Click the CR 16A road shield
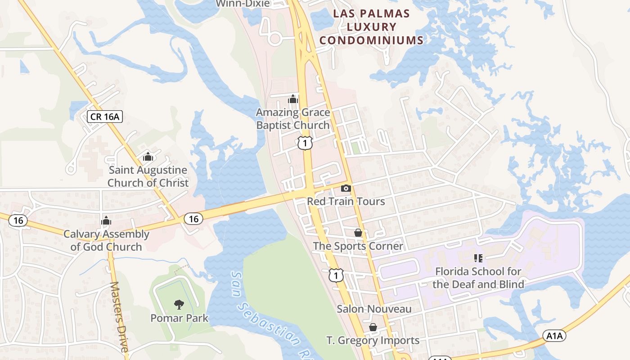pos(105,117)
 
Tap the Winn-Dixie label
pos(243,4)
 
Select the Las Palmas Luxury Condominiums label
pos(372,27)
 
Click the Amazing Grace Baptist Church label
pos(293,119)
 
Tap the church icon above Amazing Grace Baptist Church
pos(293,99)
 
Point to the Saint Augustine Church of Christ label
pos(148,176)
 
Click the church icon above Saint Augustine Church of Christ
pos(148,157)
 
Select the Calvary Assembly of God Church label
pos(106,240)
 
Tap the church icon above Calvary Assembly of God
pos(106,220)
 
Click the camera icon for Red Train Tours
pos(346,188)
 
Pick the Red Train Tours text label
pos(346,201)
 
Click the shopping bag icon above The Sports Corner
pos(358,233)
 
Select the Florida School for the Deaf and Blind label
pos(478,278)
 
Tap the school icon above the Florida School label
pos(478,258)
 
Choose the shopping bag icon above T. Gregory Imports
pos(373,327)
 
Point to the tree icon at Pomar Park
pos(179,305)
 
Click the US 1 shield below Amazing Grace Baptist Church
pos(305,144)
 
